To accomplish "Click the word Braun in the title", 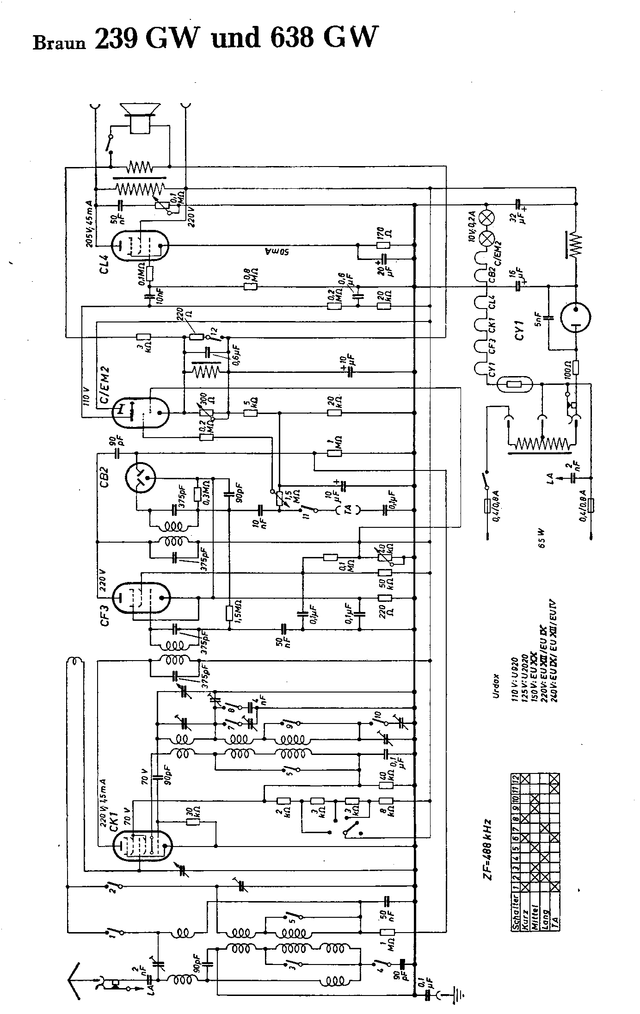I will click(x=59, y=43).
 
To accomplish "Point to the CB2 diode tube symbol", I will click(x=140, y=477).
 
